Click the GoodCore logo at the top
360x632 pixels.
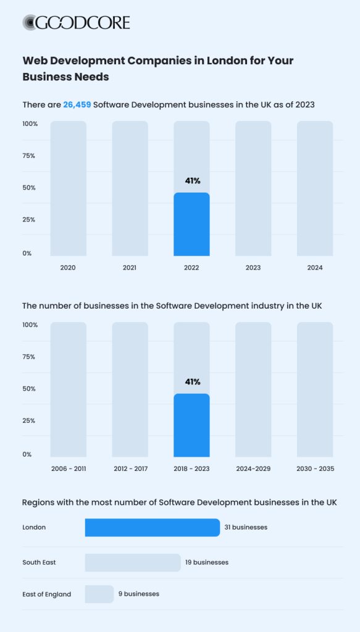click(77, 23)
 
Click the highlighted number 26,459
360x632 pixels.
click(77, 105)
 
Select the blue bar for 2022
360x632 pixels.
click(191, 225)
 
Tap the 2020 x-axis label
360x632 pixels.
click(68, 268)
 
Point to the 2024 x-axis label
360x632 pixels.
click(315, 268)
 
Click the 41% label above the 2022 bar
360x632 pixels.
click(193, 181)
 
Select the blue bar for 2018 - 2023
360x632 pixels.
click(191, 426)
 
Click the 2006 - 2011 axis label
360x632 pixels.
click(68, 469)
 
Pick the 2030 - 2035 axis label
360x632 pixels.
click(315, 469)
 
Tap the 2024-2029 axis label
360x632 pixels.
click(253, 469)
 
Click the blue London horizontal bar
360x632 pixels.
click(153, 528)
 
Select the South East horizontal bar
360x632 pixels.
click(133, 562)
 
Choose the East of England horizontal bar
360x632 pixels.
click(99, 594)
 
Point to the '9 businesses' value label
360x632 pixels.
click(139, 594)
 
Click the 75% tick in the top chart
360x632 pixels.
click(29, 156)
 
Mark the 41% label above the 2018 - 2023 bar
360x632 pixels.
click(193, 382)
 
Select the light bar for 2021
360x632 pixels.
click(130, 188)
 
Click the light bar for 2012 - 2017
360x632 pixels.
click(130, 389)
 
